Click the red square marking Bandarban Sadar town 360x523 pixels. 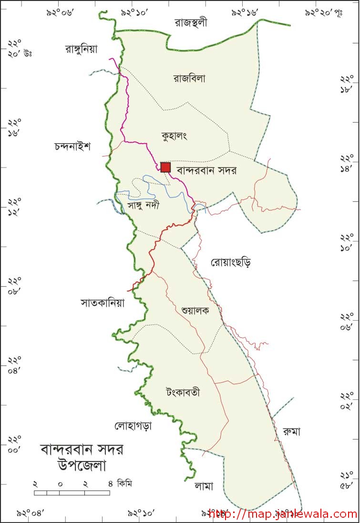165,167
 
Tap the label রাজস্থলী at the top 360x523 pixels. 191,23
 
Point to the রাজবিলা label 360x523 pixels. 189,79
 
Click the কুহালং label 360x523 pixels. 174,136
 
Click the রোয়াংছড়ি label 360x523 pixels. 230,262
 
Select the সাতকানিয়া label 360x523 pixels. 103,303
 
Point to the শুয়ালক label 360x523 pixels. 195,310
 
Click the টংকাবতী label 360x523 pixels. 183,393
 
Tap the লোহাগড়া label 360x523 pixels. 133,426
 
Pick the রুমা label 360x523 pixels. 291,431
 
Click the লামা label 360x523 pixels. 204,486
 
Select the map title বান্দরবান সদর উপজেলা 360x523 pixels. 82,457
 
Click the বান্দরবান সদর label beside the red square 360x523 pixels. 206,170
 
